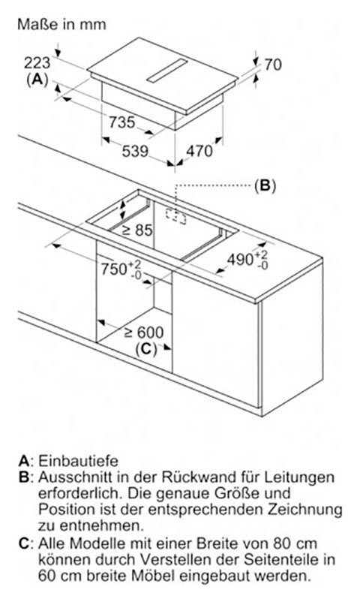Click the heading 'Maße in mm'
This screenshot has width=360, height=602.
click(61, 25)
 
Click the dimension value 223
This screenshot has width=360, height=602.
click(37, 63)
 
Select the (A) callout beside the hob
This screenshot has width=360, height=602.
click(37, 80)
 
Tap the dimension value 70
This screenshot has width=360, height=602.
click(273, 65)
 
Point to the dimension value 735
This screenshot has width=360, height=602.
click(122, 122)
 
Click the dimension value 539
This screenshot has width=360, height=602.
click(135, 151)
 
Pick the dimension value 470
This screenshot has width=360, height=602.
click(199, 151)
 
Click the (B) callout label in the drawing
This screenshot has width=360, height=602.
click(265, 185)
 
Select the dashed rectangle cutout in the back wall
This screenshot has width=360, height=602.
click(175, 215)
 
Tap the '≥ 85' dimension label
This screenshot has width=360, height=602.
click(137, 230)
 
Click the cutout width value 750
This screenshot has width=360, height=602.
click(114, 269)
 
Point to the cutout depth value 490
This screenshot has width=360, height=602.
click(240, 260)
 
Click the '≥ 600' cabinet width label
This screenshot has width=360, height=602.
click(144, 332)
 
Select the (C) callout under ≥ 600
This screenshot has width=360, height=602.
click(146, 349)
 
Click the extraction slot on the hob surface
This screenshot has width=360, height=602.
click(167, 71)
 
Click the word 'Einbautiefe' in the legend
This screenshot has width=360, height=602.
click(78, 461)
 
